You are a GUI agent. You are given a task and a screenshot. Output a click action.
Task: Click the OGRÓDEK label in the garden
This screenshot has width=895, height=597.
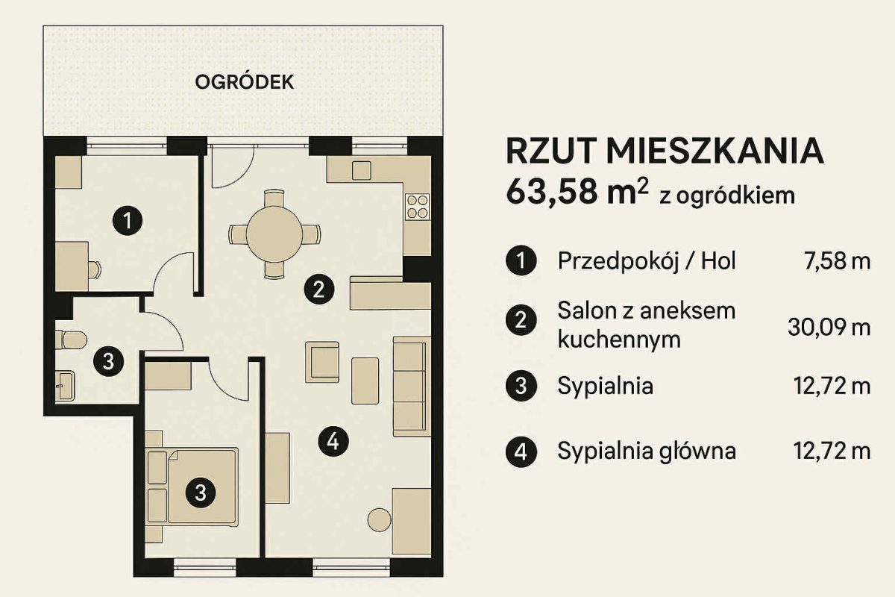coord(245,82)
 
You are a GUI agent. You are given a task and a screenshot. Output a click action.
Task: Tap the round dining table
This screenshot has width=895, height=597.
coord(274,234)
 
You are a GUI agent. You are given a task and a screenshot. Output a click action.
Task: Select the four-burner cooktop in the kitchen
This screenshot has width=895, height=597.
coord(417,207)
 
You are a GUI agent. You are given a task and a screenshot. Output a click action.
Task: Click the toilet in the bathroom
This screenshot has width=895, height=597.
coord(71,340)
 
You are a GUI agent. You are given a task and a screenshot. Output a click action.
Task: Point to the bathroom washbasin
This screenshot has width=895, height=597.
coord(65,386)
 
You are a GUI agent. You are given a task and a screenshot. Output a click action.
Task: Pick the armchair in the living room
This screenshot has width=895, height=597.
coord(322,362)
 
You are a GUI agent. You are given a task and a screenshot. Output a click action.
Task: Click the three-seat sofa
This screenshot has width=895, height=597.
coord(412,387)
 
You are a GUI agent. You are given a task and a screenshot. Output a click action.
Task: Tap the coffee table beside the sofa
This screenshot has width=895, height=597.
coord(365,381)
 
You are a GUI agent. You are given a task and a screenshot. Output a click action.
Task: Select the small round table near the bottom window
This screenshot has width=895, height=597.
coord(379,520)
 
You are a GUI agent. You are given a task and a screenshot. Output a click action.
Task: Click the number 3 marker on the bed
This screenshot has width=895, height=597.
coord(201,493)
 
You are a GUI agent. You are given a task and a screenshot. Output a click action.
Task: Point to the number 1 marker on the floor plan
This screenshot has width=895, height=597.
coord(128,220)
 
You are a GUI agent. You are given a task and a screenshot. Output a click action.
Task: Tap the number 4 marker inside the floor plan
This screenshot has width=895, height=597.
coord(333,442)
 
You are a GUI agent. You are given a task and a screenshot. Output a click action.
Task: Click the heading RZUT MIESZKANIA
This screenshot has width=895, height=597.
coord(665,151)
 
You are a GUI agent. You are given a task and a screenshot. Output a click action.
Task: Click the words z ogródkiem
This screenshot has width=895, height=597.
coord(727,196)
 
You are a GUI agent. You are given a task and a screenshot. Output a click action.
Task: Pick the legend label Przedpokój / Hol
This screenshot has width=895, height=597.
coord(647,261)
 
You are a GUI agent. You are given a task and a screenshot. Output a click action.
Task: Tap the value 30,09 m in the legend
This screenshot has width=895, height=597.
coord(829,327)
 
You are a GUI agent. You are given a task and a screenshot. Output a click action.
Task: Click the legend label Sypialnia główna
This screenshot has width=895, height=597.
coord(647,451)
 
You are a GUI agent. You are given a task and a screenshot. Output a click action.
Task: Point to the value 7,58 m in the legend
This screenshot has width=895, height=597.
coord(837,261)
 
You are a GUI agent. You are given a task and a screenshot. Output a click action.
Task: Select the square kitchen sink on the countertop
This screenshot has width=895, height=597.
coord(361,170)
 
